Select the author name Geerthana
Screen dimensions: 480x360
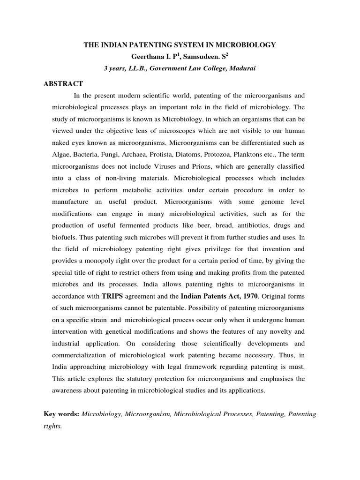[x=150, y=56]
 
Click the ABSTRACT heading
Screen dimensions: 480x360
[x=63, y=84]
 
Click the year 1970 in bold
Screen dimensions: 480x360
[x=247, y=297]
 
